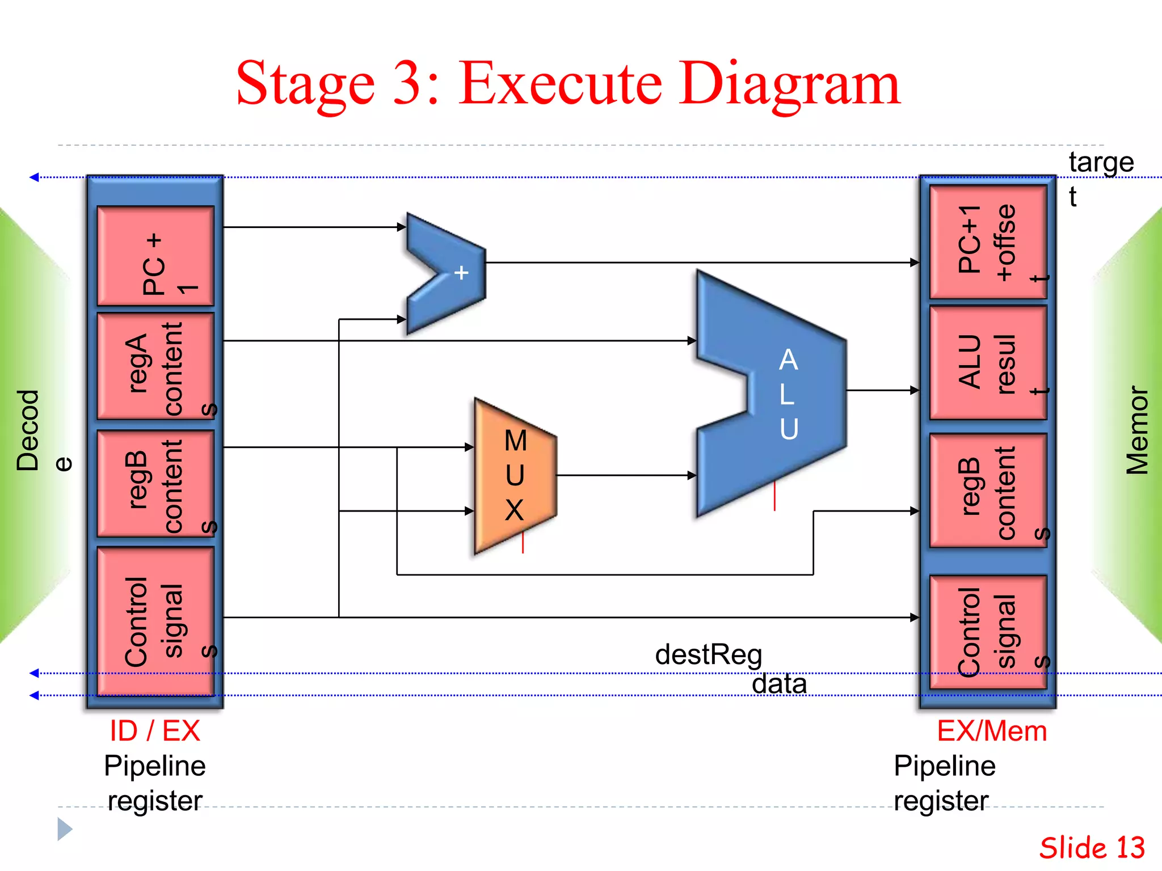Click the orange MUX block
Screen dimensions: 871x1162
[513, 476]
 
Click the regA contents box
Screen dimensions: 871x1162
[155, 366]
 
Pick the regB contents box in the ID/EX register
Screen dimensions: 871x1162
[155, 484]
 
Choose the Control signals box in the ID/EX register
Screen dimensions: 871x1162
[155, 621]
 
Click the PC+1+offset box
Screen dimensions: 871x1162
[988, 242]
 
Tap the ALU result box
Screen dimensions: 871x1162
[988, 363]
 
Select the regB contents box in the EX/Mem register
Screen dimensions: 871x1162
[988, 491]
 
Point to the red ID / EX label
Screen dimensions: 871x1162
[155, 730]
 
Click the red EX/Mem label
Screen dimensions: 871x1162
[991, 731]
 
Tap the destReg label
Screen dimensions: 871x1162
[708, 654]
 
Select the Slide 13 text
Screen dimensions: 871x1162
[1092, 848]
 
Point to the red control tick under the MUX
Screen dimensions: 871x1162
[523, 543]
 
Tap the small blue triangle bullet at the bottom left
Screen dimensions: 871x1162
[64, 829]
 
